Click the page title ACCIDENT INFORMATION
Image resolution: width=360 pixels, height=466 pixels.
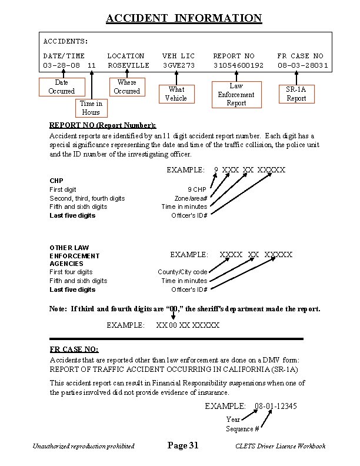pos(184,18)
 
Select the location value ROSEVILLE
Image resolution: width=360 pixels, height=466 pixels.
pos(128,65)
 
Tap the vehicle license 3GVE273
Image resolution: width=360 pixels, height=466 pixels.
pos(179,65)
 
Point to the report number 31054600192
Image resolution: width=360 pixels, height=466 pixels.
pos(238,65)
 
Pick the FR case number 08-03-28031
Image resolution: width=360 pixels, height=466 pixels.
pos(303,65)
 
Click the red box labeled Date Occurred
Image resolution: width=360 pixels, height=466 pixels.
pos(61,87)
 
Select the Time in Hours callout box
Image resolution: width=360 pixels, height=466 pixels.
pos(91,108)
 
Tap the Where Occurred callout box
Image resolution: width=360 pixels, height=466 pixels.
pos(126,86)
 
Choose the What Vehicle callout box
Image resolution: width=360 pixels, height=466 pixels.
pos(176,94)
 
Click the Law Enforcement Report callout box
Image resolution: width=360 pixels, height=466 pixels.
pos(236,95)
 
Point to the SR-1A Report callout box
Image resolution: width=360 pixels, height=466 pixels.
pos(296,94)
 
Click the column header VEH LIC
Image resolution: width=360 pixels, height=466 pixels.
pos(178,56)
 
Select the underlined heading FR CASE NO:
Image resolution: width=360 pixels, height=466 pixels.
pos(74,349)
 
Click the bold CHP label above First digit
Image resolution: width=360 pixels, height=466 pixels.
pos(56,181)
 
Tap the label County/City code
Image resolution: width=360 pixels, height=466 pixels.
pos(182,272)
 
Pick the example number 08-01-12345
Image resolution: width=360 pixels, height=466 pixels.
pos(275,407)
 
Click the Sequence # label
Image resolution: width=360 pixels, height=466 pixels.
pos(242,429)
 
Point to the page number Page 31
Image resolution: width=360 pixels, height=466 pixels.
pos(183,446)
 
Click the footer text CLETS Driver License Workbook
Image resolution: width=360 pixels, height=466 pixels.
pos(280,447)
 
